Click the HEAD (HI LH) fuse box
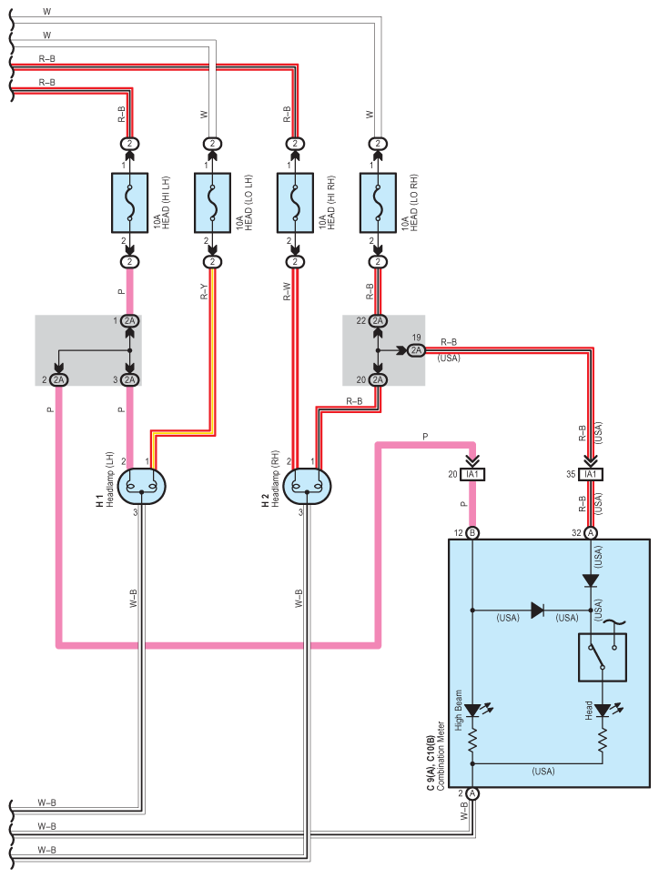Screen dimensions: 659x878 tap(129, 203)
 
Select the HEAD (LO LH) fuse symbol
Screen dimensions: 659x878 tap(212, 203)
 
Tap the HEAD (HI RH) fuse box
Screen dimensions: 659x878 tap(295, 203)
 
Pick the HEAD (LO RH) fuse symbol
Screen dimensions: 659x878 tap(378, 203)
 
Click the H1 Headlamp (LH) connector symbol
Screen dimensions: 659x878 tap(142, 486)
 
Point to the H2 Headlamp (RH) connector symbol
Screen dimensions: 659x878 tap(307, 486)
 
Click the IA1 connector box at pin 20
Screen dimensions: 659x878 tap(472, 474)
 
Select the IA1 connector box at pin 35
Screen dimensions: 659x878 tap(591, 474)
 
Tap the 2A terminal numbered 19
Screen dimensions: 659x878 tap(416, 350)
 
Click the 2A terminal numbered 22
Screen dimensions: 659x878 tap(378, 321)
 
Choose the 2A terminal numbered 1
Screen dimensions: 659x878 tap(129, 321)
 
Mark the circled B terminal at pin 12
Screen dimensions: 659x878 tap(472, 533)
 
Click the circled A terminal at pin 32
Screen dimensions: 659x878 tap(591, 533)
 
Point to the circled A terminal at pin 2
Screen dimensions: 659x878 tap(472, 793)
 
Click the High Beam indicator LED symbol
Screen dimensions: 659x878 tap(473, 711)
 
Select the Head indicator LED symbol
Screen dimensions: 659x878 tap(603, 711)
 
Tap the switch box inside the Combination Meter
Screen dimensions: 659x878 tap(603, 658)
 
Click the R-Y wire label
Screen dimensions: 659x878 tap(204, 292)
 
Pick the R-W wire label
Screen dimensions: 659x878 tap(287, 292)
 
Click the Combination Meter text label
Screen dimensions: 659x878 tap(441, 756)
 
